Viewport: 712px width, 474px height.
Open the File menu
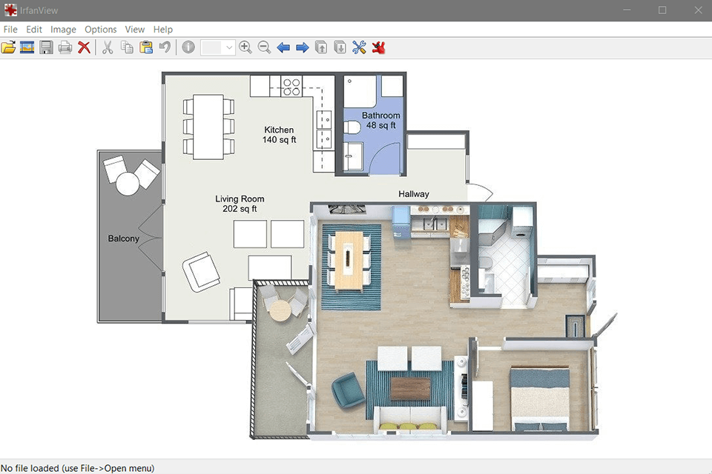coord(10,30)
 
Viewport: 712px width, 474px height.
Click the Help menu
coord(162,30)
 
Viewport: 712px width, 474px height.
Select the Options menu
coord(100,30)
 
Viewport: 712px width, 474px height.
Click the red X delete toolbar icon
coord(84,47)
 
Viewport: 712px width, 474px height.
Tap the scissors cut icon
coord(108,47)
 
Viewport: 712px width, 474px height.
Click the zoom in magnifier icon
coord(245,47)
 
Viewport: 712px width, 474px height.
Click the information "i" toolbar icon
coord(188,47)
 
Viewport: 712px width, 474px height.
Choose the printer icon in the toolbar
coord(65,47)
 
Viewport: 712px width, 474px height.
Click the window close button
coord(698,10)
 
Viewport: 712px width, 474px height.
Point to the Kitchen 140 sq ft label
coord(279,135)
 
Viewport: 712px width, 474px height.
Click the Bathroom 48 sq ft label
coord(381,120)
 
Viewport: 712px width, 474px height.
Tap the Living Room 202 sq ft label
coord(240,204)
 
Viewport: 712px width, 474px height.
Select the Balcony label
coord(124,238)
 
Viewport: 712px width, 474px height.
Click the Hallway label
coord(414,194)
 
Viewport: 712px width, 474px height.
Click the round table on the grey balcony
coord(128,184)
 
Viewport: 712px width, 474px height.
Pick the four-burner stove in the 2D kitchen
coord(291,86)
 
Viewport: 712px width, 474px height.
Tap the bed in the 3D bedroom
coord(540,398)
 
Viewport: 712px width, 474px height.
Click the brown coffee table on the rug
coord(410,389)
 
